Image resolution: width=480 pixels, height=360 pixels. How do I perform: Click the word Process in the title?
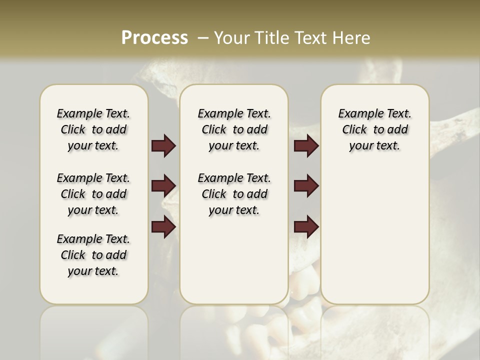click(x=154, y=38)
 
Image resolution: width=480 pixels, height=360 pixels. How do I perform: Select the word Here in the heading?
click(x=352, y=38)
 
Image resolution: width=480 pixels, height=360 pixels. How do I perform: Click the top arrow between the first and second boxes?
click(x=163, y=146)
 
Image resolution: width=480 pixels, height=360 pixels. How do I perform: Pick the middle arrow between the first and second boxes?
click(x=163, y=186)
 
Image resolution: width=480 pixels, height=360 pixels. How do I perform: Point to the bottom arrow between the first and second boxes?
click(x=163, y=227)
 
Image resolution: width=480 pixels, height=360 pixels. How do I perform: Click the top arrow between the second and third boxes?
click(x=306, y=146)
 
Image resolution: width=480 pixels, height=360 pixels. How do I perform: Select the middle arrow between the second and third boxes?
click(x=306, y=186)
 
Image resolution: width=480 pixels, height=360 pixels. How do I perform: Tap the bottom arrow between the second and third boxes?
click(x=306, y=227)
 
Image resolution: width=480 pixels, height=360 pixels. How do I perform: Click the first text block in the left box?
click(x=93, y=129)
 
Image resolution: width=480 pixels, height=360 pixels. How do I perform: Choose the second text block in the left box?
click(x=93, y=194)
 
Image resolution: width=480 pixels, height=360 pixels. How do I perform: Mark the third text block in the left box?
click(x=93, y=255)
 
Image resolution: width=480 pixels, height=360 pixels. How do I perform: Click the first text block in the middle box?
click(x=234, y=129)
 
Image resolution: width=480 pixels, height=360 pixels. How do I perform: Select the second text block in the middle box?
click(x=234, y=194)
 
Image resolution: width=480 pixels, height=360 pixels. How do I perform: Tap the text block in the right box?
click(x=374, y=129)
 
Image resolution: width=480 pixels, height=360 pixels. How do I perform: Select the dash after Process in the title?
click(x=202, y=38)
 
